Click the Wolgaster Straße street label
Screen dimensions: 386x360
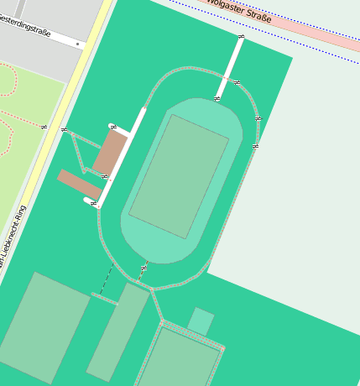(x=238, y=12)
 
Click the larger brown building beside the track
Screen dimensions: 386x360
(x=109, y=152)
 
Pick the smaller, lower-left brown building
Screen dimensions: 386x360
(x=78, y=184)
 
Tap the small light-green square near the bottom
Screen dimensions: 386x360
(x=201, y=321)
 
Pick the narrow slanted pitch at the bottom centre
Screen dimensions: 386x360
(x=118, y=332)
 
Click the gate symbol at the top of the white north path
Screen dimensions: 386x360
(x=241, y=37)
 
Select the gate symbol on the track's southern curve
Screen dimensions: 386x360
(x=143, y=268)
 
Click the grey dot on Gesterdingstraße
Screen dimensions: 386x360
(x=77, y=42)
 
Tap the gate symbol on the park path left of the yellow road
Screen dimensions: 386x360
(x=44, y=127)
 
